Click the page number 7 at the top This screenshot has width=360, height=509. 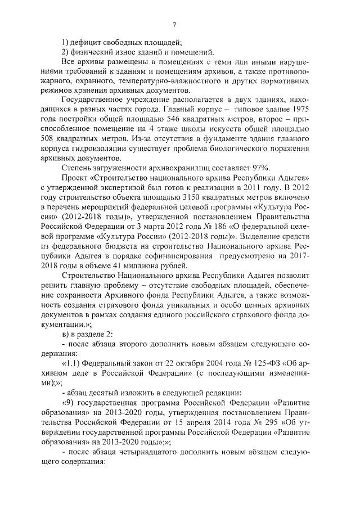pos(174,24)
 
